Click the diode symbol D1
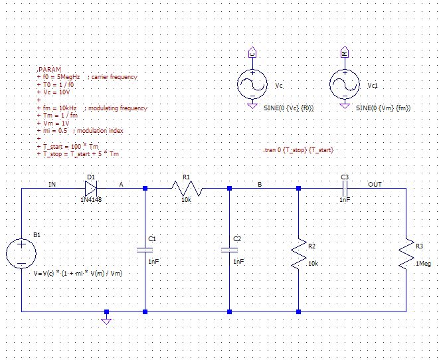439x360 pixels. [x=92, y=189]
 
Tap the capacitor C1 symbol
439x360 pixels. [x=145, y=250]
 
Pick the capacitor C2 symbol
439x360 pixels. [x=229, y=250]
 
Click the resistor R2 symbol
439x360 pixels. [x=298, y=254]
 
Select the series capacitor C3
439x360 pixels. [x=344, y=189]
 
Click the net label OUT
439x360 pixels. [x=375, y=183]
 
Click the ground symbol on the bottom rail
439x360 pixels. [x=106, y=319]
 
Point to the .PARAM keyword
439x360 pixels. [x=49, y=69]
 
